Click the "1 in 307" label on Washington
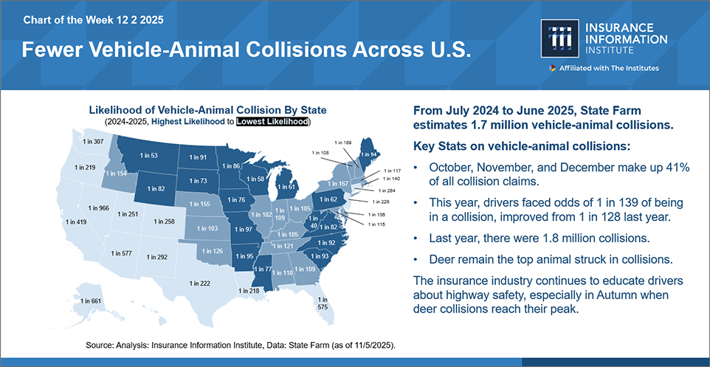(93, 141)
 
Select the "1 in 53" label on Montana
(148, 156)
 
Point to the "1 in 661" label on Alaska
(89, 301)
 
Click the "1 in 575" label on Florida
(323, 303)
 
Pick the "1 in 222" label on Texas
(200, 283)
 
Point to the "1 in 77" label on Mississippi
(262, 269)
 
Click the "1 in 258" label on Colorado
(164, 222)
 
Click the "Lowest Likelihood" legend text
(272, 121)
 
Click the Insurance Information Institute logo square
(559, 38)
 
